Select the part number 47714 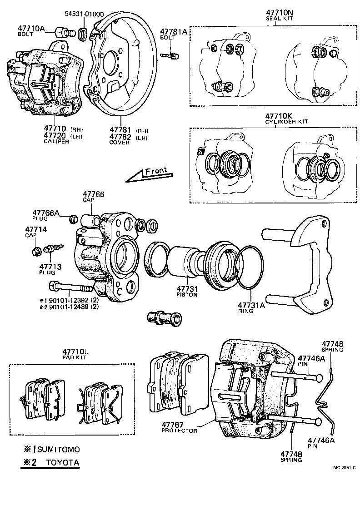click(x=35, y=229)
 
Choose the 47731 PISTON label click(x=187, y=289)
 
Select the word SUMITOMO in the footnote click(x=58, y=450)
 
